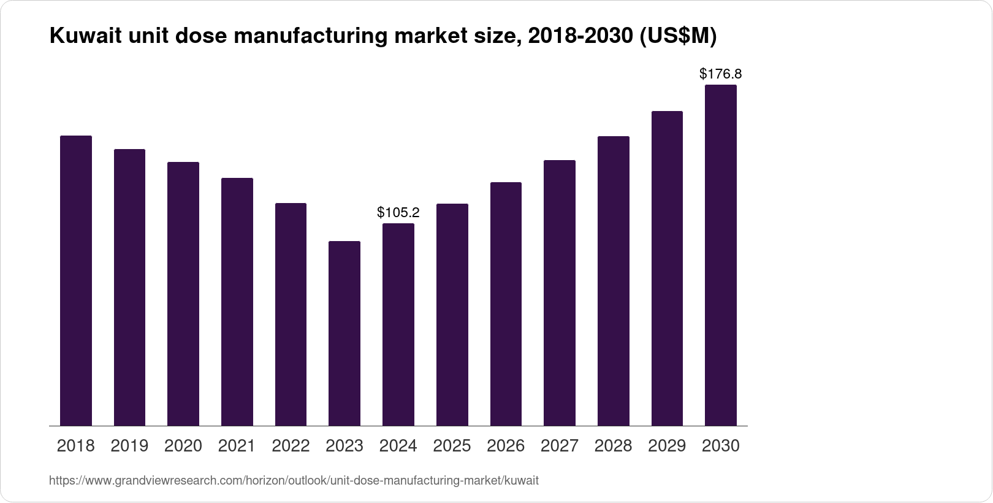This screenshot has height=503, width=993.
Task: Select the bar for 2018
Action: (x=76, y=280)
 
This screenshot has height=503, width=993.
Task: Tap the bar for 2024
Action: (x=398, y=324)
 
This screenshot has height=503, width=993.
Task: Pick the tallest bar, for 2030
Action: (x=721, y=255)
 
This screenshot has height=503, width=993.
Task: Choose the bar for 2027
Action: (x=560, y=293)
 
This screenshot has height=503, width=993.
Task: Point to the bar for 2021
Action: (x=237, y=302)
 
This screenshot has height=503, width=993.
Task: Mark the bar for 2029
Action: (x=667, y=268)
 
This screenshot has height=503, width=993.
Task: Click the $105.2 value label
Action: (x=398, y=213)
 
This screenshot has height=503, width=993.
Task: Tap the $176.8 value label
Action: (x=721, y=74)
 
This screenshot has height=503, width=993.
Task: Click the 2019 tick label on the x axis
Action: (x=129, y=446)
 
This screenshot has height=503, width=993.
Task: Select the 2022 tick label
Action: (x=291, y=446)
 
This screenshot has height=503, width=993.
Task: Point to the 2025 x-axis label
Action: (x=452, y=446)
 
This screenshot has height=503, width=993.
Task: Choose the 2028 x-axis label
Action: (x=613, y=446)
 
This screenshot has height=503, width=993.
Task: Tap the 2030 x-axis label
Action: (x=721, y=446)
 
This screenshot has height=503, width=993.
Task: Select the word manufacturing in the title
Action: (x=310, y=37)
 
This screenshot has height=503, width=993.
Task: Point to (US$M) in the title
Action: (x=678, y=37)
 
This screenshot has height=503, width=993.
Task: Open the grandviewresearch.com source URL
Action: (x=294, y=481)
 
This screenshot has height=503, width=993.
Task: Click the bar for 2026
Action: (x=506, y=304)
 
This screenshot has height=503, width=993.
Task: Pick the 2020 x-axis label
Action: (x=183, y=446)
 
